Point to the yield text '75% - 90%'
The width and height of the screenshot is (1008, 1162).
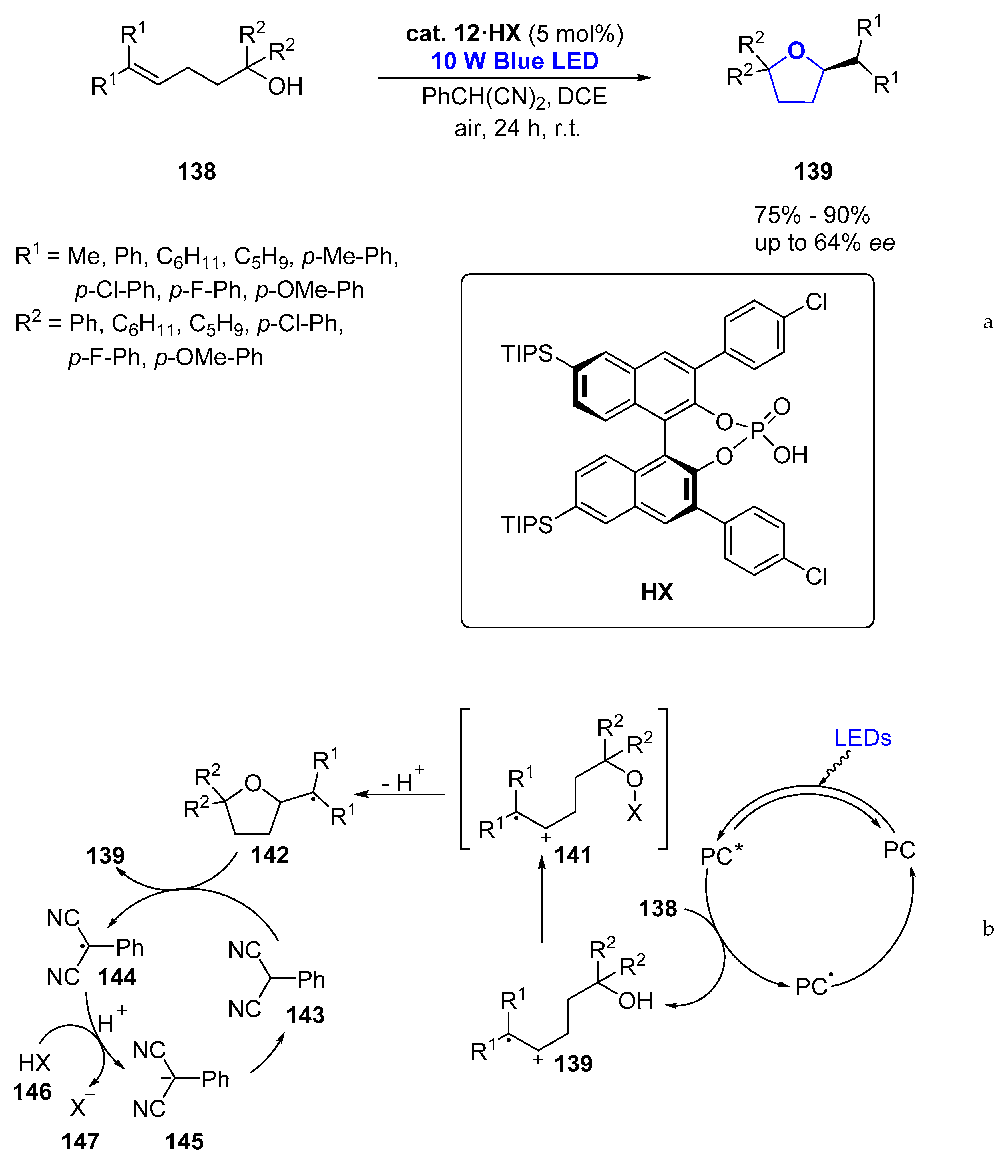[x=812, y=216]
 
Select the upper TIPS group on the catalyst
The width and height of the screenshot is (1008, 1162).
[x=527, y=354]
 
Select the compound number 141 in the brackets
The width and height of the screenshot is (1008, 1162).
[x=573, y=855]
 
